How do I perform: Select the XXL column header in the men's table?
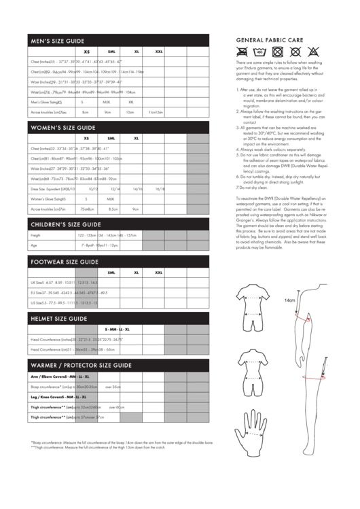[158, 51]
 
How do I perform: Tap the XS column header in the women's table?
[86, 138]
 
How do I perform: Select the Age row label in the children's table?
[34, 245]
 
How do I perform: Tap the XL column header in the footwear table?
[137, 272]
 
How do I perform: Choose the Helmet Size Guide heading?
[58, 317]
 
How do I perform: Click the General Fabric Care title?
[269, 41]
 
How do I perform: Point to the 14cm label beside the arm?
[289, 300]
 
